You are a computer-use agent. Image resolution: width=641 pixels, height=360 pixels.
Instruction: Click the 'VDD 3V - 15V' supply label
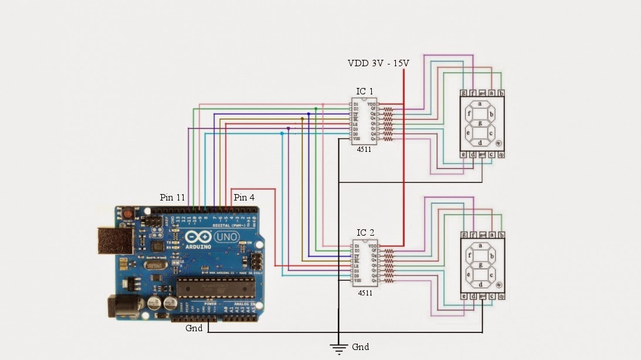(378, 63)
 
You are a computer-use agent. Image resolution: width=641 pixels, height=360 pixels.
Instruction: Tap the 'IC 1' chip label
(365, 91)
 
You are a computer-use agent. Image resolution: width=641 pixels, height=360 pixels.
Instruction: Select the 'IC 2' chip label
(365, 233)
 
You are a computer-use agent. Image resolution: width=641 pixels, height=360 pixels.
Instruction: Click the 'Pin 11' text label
(172, 198)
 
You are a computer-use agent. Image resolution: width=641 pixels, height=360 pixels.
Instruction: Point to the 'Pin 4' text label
(244, 198)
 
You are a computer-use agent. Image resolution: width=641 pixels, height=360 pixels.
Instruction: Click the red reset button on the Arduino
(127, 215)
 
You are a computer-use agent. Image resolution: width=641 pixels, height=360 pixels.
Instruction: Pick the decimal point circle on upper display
(498, 142)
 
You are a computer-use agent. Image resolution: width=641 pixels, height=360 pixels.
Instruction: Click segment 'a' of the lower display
(480, 246)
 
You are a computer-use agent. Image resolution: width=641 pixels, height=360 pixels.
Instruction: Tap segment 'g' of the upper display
(480, 123)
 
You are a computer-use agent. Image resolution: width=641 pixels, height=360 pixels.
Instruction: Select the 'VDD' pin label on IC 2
(372, 245)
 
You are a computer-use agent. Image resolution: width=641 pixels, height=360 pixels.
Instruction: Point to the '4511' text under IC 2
(365, 291)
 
